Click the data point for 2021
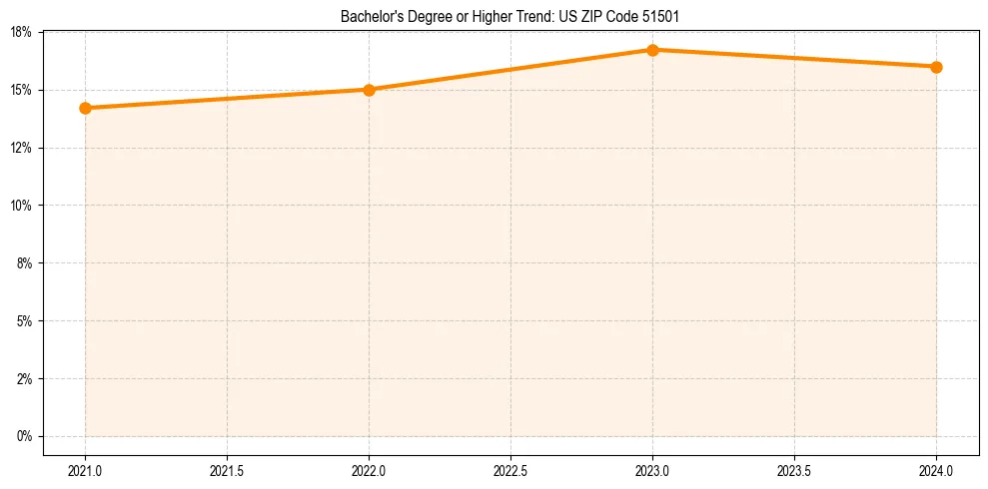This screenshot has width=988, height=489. point(85,108)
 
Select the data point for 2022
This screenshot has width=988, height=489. point(369,90)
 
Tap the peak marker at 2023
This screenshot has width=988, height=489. point(652,50)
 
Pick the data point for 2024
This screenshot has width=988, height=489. point(936,67)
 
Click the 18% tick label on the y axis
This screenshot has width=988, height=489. point(23,33)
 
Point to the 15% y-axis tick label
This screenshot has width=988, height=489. point(23,90)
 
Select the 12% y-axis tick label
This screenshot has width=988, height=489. point(23,148)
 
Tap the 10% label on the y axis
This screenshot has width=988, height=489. point(23,206)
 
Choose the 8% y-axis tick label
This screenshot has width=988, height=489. point(26,263)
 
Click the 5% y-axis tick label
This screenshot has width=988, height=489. point(26,321)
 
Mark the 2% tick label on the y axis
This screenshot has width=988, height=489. point(26,379)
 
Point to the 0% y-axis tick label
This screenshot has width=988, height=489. point(26,436)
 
